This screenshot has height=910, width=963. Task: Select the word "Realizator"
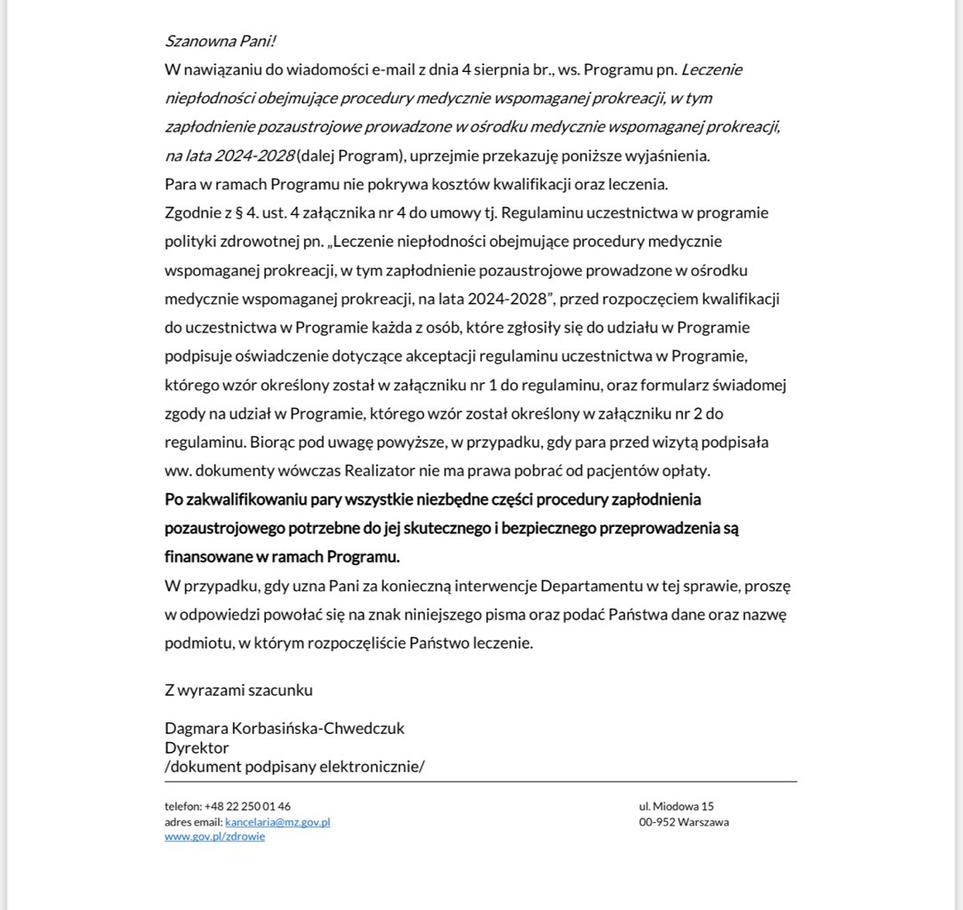click(405, 470)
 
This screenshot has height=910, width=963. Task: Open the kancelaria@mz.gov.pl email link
click(277, 822)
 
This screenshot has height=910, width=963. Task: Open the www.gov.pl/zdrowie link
click(214, 836)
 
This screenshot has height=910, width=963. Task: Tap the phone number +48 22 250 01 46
click(247, 807)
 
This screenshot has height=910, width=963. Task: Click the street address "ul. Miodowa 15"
click(676, 807)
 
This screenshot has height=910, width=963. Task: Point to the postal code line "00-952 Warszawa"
click(684, 822)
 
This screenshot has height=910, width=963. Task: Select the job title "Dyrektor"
click(197, 747)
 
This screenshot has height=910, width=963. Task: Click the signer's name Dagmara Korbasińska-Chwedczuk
click(285, 728)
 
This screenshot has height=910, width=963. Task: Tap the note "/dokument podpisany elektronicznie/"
click(294, 766)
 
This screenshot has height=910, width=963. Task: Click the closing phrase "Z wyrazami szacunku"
click(238, 690)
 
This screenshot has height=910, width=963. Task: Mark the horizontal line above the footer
click(480, 782)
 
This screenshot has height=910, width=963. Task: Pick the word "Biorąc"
click(271, 442)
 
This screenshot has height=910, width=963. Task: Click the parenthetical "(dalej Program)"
click(351, 156)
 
